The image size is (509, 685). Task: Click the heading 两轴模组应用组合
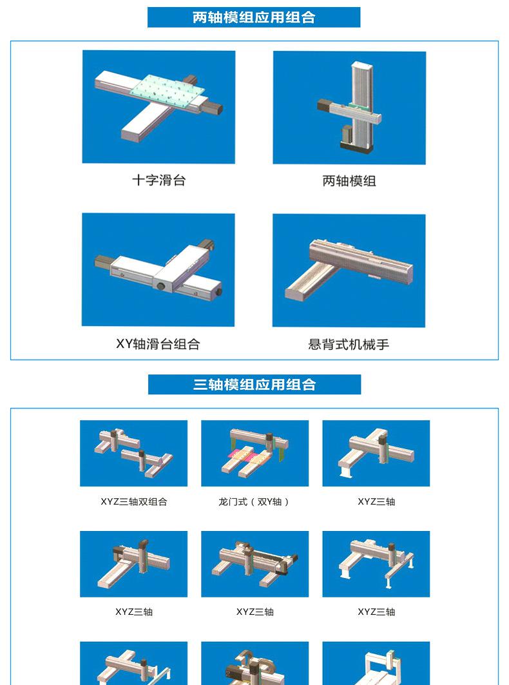(x=254, y=17)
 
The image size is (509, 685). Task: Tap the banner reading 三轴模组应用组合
(x=254, y=385)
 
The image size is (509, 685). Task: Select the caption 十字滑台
(x=159, y=180)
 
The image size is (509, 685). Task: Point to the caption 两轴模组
(x=349, y=180)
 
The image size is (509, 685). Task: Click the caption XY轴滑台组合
(x=158, y=344)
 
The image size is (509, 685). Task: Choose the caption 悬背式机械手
(x=349, y=344)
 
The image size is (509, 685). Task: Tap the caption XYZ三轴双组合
(x=134, y=501)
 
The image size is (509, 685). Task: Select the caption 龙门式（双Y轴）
(x=254, y=501)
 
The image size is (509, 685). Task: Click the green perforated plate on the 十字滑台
(x=168, y=93)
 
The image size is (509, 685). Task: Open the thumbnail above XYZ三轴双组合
(x=134, y=453)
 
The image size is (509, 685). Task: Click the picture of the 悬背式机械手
(x=349, y=270)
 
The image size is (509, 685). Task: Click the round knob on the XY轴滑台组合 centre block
(x=161, y=287)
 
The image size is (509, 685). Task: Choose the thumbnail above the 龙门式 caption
(x=254, y=453)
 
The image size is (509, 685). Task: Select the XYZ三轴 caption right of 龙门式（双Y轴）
(x=376, y=501)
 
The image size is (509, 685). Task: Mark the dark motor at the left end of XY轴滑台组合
(x=103, y=262)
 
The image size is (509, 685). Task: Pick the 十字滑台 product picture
(x=158, y=107)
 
